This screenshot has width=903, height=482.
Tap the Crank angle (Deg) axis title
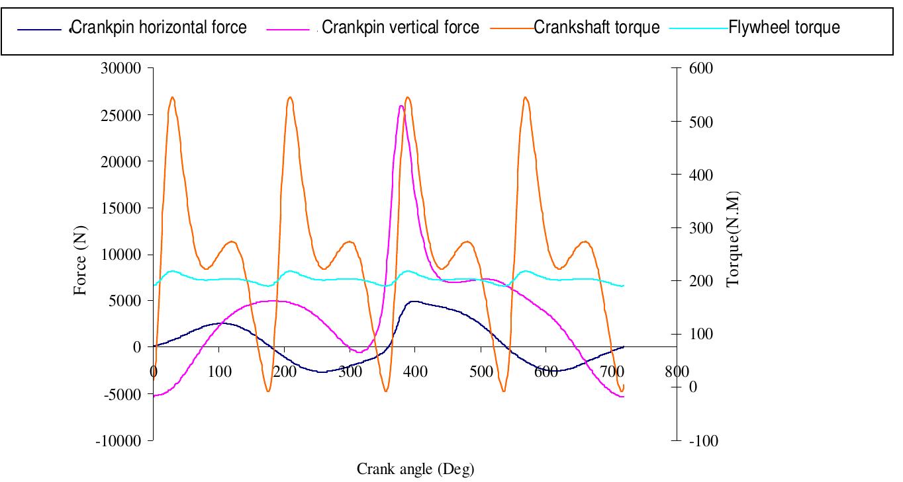[416, 469]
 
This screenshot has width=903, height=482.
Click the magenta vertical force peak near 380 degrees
[401, 106]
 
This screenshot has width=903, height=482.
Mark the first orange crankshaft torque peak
[172, 97]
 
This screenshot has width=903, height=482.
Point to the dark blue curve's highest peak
[414, 301]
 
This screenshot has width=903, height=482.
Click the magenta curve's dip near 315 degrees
[359, 352]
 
